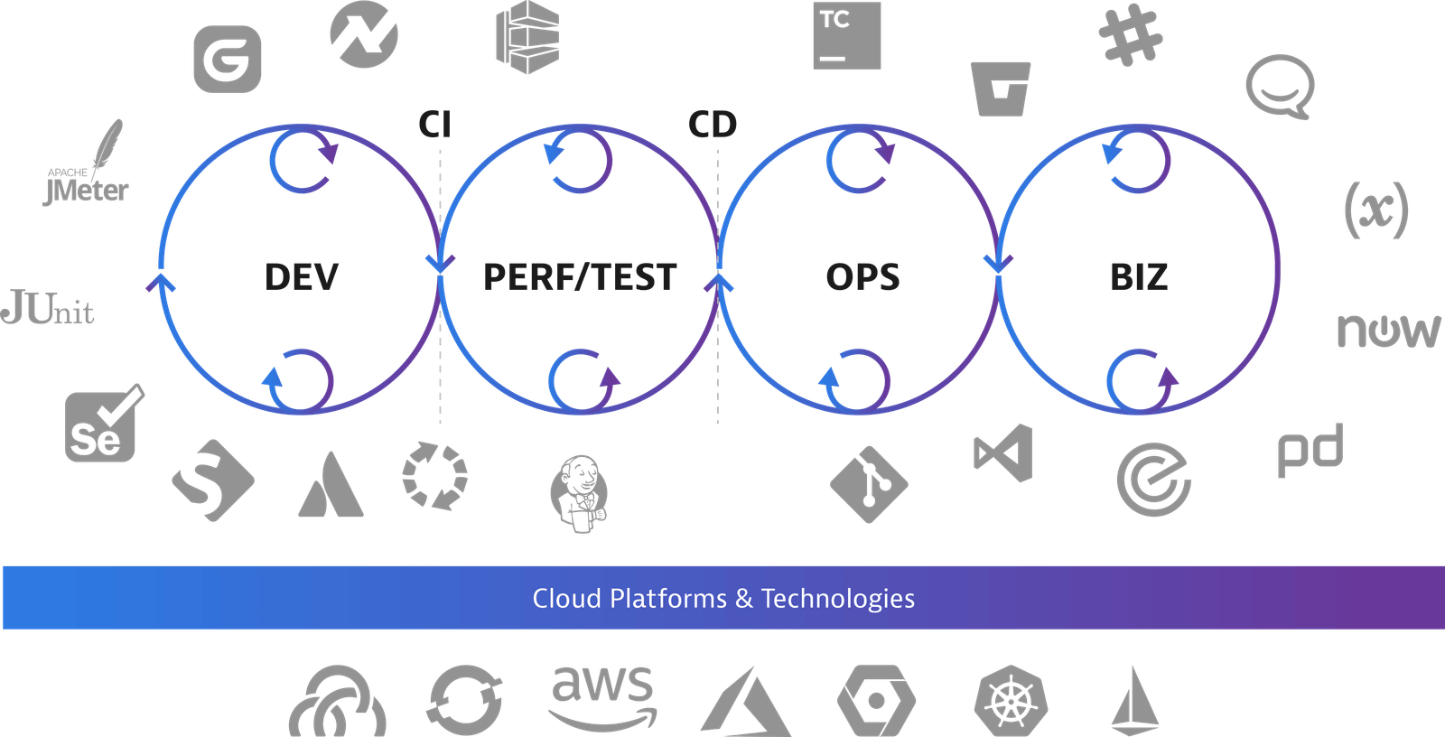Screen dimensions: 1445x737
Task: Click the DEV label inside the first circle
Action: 302,277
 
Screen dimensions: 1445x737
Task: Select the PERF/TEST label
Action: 580,277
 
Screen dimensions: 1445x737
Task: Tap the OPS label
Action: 862,277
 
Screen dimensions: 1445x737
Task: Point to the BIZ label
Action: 1139,277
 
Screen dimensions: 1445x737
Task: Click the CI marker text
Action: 434,124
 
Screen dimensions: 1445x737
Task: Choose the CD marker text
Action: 713,124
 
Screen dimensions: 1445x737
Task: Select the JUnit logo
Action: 47,307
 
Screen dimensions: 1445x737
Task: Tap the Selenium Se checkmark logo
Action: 104,424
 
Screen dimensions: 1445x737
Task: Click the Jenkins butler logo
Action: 579,494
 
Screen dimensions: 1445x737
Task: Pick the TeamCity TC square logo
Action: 847,35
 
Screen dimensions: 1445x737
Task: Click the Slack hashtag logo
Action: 1131,35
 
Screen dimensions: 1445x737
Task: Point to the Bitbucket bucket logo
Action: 1001,89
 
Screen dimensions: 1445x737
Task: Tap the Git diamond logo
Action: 869,484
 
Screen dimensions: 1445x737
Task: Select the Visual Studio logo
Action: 1003,453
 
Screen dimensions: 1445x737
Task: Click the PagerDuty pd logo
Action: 1310,451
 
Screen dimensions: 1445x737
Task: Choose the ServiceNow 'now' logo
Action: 1389,331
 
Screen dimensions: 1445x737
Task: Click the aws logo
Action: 602,698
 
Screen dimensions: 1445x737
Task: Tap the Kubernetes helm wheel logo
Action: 1011,701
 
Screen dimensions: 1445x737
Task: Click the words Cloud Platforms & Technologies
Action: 723,599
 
